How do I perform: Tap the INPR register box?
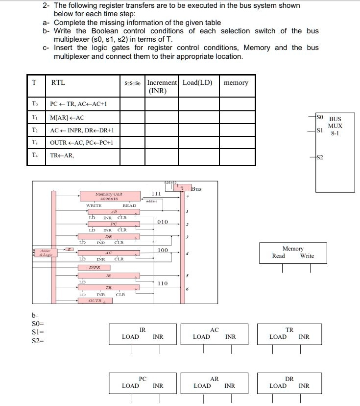95,268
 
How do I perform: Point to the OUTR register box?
95,301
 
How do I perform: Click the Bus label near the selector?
196,189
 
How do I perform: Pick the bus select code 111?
156,194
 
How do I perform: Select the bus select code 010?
163,222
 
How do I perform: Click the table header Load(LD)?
197,82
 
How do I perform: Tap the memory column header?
236,82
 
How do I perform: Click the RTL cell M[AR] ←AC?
67,118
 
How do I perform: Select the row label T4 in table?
34,155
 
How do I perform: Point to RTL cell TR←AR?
62,155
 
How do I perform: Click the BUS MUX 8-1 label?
335,126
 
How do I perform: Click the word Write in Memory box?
307,256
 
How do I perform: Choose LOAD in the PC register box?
130,386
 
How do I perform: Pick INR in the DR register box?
304,386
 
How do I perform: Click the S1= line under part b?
37,331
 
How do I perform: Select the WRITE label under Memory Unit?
94,206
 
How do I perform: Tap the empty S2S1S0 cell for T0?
133,104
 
